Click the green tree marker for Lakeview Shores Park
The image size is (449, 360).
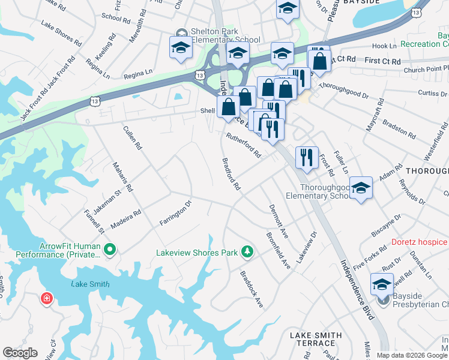tap(246, 251)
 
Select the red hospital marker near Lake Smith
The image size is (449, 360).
tap(46, 298)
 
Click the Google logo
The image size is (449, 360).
tap(20, 353)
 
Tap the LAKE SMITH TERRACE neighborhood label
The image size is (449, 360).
tap(316, 340)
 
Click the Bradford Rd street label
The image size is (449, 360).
tap(231, 175)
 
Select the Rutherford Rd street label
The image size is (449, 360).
tap(243, 145)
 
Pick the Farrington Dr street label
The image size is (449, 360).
tap(175, 214)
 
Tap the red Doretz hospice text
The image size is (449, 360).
tap(419, 242)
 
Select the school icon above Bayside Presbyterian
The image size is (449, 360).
tap(381, 284)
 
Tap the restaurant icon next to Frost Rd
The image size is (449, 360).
tap(307, 157)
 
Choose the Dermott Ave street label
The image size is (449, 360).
tap(279, 221)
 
